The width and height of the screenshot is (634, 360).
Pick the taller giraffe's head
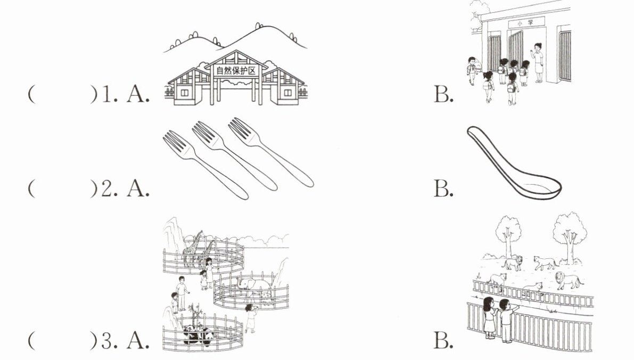200,234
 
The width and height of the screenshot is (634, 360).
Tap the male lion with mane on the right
566,280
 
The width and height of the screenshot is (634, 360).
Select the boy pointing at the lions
505,319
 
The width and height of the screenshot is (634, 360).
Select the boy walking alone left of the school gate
471,70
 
